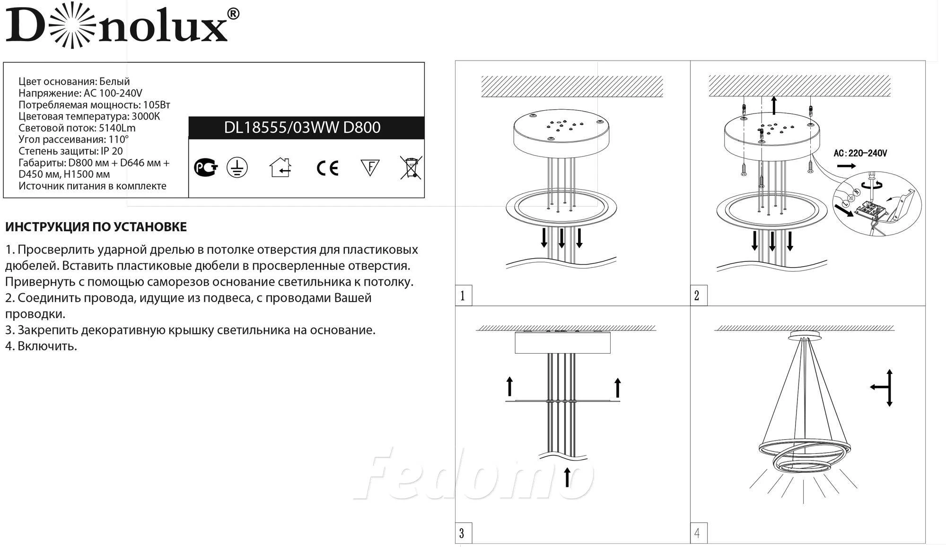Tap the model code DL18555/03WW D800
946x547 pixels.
[302, 128]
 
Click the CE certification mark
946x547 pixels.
[327, 168]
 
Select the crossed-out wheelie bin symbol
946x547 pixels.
[411, 168]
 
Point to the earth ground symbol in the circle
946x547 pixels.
[237, 168]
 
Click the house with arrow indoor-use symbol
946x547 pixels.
[280, 167]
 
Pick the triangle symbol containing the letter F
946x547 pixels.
[370, 168]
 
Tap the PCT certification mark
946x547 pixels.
[206, 168]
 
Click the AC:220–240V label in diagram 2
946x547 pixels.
[860, 153]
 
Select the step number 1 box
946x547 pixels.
[463, 296]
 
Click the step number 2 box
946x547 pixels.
[698, 296]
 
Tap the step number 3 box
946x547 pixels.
[463, 533]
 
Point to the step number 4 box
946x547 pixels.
[698, 533]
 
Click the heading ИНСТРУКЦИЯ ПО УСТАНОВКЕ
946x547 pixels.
[96, 227]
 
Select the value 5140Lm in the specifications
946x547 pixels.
[117, 128]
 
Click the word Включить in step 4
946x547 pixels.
[47, 346]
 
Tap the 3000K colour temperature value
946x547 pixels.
[145, 116]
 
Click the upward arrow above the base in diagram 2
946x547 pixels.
[774, 105]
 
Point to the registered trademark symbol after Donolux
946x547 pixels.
[233, 14]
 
